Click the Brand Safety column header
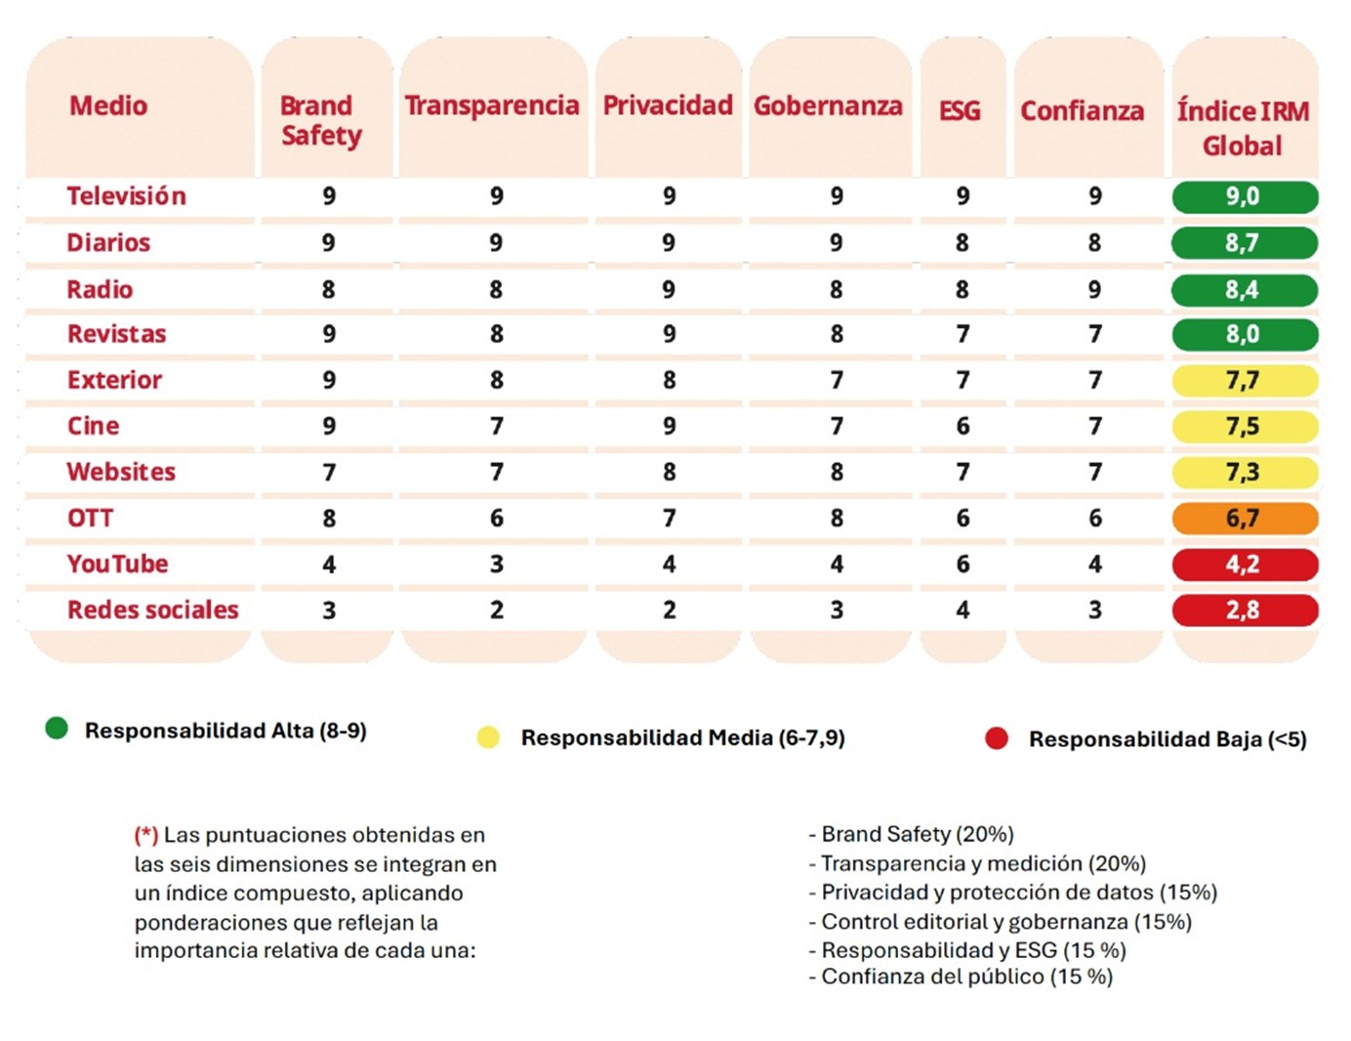point(321,120)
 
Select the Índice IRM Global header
point(1243,128)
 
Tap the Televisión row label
point(126,196)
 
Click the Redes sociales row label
point(152,610)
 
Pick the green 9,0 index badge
point(1245,196)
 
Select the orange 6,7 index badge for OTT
point(1245,519)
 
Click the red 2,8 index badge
point(1245,610)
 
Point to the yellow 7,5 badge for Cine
point(1245,427)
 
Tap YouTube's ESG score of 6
point(962,564)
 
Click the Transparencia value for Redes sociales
point(497,610)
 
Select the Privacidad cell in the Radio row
point(669,290)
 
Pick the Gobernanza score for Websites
point(837,473)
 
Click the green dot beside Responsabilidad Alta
point(57,729)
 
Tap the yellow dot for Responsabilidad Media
point(488,737)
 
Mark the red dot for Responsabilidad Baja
point(997,738)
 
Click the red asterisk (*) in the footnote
point(146,835)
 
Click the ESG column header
point(960,111)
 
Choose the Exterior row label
point(114,381)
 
